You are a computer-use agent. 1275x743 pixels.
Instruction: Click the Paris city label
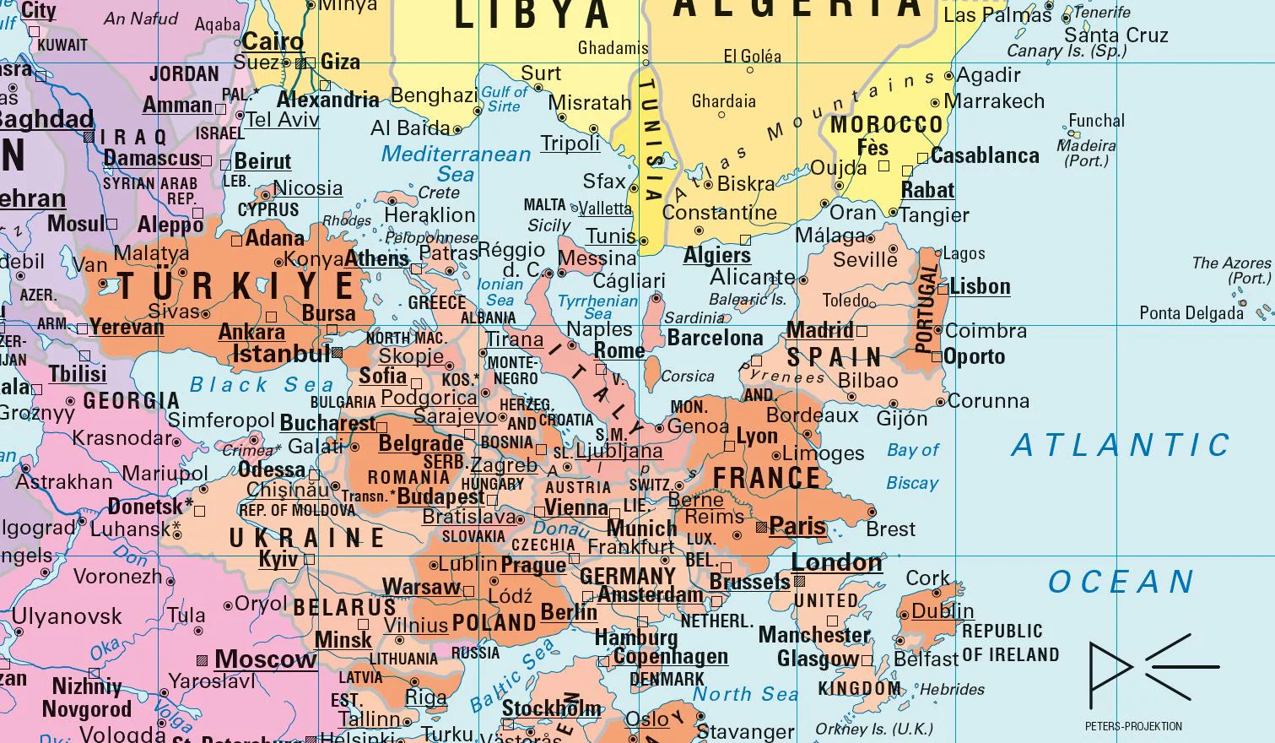coord(797,526)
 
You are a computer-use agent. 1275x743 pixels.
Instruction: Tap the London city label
coord(836,562)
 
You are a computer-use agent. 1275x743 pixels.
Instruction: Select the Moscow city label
coord(265,659)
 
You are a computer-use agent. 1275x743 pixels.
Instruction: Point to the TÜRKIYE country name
coord(236,286)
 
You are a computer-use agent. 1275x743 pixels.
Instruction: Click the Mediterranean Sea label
coord(456,164)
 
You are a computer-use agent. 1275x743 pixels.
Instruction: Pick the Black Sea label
coord(262,385)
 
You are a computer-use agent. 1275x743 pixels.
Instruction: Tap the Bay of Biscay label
coord(912,466)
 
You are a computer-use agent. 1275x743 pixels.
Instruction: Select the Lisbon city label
coord(979,287)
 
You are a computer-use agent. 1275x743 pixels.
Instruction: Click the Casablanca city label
coord(985,156)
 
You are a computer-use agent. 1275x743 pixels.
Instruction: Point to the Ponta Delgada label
coord(1191,313)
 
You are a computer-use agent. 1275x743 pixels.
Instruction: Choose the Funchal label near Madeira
coord(1096,121)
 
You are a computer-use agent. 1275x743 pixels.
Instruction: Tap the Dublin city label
coord(943,610)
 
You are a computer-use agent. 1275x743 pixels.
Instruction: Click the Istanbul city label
coord(281,354)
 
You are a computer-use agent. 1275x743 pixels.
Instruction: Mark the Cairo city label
coord(273,41)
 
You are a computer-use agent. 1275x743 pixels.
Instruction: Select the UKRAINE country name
coord(307,538)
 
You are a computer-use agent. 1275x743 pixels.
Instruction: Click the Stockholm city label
coord(552,708)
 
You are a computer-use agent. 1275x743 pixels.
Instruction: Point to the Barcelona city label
coord(715,338)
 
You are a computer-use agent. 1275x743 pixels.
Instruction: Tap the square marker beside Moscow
coord(202,659)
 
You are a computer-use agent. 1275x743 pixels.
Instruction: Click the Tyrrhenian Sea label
coord(597,306)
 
